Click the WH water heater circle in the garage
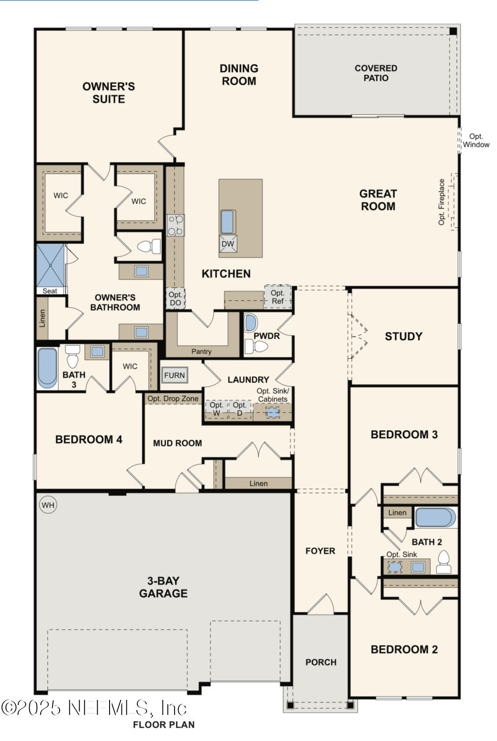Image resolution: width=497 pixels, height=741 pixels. coord(48,505)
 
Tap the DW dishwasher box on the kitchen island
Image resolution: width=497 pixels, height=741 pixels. coord(228,244)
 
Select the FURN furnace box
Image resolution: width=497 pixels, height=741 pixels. coord(174,375)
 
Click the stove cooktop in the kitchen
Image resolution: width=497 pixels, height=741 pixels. coord(175,225)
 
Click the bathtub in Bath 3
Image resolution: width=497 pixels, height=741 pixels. coord(47,368)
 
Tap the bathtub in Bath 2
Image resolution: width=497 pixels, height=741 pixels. coord(435,517)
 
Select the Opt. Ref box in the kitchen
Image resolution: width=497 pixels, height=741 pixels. coord(277,297)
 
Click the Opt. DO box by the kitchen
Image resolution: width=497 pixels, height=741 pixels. coord(175,298)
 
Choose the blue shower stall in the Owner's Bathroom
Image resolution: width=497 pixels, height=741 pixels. coord(50,265)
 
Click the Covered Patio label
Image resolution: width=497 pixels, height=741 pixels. coord(376,73)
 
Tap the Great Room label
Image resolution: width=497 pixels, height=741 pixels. coord(378,200)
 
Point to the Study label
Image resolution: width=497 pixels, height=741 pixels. coord(403,336)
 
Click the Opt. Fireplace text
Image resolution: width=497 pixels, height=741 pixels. coord(442,202)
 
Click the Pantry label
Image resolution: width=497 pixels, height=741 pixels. coord(201,351)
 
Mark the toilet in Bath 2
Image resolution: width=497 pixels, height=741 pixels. coord(443,563)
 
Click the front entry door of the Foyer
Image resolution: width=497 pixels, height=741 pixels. coord(321,604)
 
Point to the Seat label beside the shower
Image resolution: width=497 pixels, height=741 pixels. coord(49,291)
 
